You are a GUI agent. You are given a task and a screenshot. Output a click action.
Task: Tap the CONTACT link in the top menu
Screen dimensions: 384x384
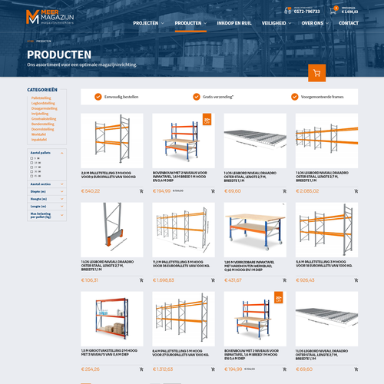point(349,23)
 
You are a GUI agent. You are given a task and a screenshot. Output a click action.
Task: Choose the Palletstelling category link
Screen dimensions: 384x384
point(41,98)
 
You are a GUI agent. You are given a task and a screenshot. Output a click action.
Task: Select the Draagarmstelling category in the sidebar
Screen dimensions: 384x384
point(44,108)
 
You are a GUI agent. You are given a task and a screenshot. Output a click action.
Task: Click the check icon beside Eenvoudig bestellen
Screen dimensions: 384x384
point(98,97)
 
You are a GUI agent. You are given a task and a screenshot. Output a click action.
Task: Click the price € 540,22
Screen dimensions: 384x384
point(91,191)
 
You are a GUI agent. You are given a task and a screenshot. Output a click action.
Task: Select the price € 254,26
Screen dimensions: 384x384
point(91,369)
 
